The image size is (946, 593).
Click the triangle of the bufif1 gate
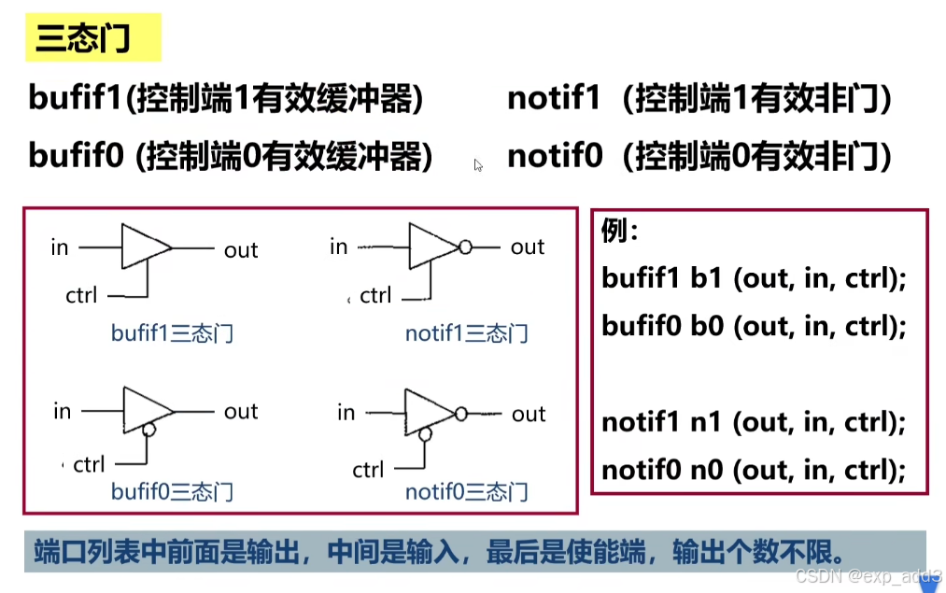point(143,248)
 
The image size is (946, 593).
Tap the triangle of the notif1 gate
point(431,247)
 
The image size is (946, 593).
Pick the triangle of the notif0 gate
point(426,413)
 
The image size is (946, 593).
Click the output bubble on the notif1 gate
point(464,247)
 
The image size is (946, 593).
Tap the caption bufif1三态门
point(172,333)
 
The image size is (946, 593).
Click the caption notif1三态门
point(466,333)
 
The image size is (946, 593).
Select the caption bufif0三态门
point(172,491)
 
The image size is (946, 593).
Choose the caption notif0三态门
point(467,491)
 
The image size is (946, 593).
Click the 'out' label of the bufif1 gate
point(241,250)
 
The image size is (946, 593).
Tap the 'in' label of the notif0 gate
point(346,413)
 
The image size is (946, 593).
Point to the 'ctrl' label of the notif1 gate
point(375,296)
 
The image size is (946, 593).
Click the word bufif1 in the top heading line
point(75,98)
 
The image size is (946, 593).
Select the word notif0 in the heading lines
point(555,156)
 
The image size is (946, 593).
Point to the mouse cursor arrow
point(478,165)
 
